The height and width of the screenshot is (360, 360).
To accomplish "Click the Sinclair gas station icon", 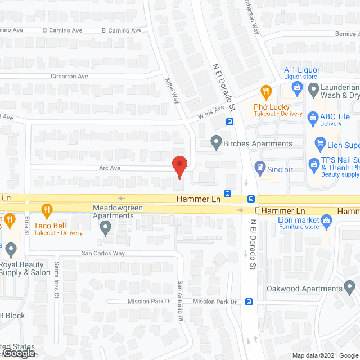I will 260,166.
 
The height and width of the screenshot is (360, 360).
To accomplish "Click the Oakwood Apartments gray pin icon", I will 350,289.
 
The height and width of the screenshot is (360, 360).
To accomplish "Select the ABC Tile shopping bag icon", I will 313,116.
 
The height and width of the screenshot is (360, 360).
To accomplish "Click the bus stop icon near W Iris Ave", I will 230,121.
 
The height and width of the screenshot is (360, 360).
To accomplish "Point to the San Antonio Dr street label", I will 181,294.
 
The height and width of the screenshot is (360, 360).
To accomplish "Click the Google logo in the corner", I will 18,353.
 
